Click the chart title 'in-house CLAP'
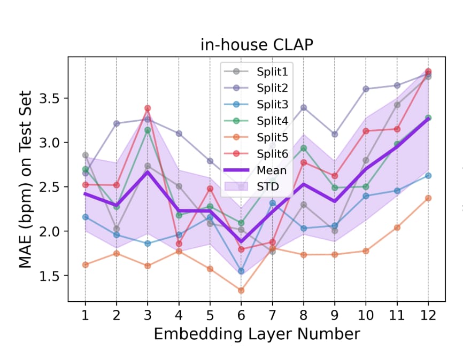[257, 45]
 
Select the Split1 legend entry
[256, 72]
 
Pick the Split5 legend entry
[256, 137]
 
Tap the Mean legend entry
[255, 170]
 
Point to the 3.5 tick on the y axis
[49, 98]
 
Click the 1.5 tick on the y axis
[49, 276]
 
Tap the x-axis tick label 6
[241, 316]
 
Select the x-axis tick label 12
[428, 316]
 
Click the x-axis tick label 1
[85, 316]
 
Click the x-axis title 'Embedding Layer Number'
[257, 334]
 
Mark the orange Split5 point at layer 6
[241, 291]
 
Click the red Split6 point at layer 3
[148, 108]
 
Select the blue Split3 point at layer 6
[241, 271]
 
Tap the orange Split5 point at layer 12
[428, 198]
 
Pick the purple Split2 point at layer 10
[366, 89]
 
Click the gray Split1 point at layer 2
[117, 229]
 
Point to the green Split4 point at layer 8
[304, 148]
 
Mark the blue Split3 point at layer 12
[428, 176]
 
